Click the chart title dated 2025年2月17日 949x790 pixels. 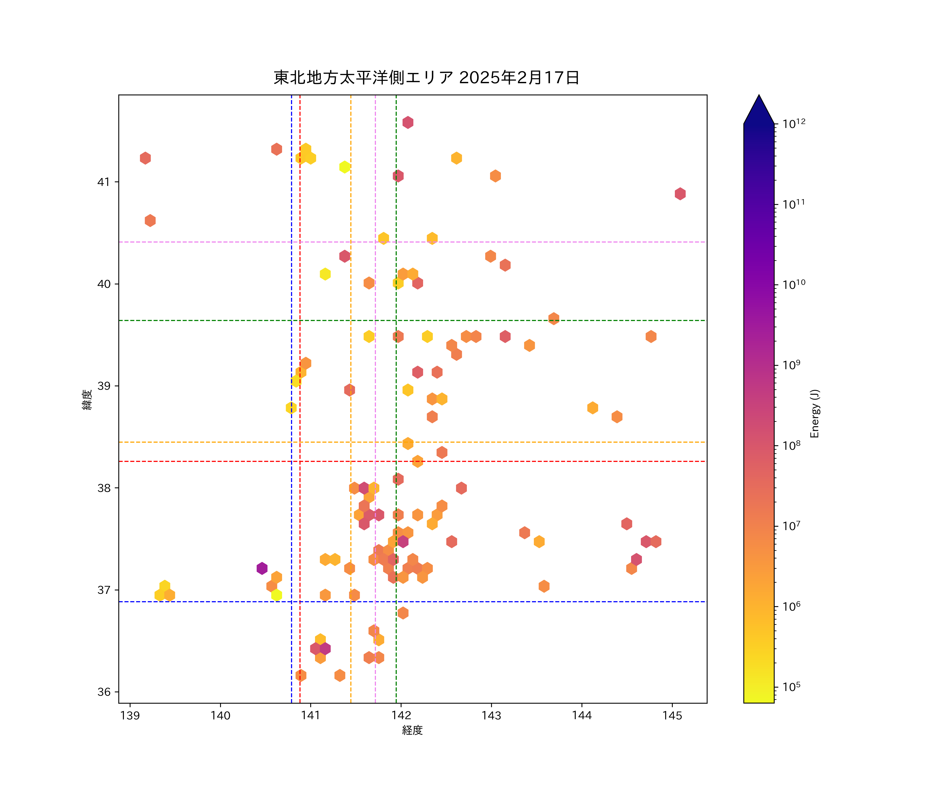426,78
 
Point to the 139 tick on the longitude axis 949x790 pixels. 130,715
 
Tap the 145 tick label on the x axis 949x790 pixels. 672,715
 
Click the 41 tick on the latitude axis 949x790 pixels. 104,182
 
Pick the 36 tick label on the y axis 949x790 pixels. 104,692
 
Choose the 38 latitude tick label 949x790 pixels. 104,488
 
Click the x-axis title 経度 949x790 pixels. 412,730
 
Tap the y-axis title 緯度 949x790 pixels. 87,399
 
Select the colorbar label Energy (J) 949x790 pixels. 815,413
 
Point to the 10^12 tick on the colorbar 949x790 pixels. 794,123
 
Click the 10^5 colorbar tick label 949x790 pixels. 792,687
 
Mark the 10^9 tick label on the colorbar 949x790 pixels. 792,365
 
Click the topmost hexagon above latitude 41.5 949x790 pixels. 408,122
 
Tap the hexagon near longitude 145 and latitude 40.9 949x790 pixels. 680,194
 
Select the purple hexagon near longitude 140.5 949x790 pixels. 262,568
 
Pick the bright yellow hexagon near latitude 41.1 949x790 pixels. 344,167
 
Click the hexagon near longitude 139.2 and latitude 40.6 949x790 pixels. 150,220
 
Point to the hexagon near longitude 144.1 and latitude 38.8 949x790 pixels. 592,408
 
